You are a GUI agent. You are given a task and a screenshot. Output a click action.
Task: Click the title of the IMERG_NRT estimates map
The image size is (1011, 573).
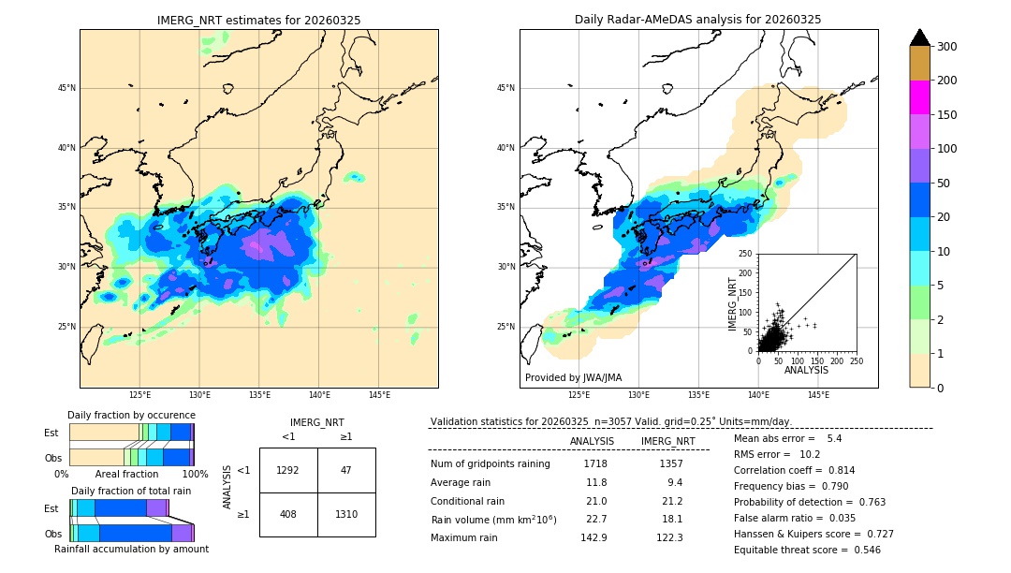pos(258,20)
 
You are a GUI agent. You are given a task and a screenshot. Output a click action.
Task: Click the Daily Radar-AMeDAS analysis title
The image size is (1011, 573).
pos(697,20)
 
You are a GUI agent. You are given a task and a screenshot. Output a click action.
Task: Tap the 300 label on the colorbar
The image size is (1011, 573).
pos(946,47)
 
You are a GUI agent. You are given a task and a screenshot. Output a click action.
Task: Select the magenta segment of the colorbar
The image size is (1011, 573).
pos(920,97)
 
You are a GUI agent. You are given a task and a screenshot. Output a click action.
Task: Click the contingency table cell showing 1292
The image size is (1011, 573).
pos(288,470)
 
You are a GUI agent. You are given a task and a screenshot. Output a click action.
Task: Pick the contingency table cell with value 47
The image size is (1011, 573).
pos(346,470)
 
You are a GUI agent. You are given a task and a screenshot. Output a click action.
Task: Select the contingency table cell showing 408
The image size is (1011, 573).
pos(288,514)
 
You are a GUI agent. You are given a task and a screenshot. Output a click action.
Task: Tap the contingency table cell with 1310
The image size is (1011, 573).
pos(346,514)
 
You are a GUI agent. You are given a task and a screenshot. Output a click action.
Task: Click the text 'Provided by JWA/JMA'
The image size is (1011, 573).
pos(573,378)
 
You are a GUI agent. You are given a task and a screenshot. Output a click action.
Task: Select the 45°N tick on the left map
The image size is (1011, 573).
pos(66,88)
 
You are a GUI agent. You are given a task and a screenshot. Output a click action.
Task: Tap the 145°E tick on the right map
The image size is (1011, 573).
pos(818,395)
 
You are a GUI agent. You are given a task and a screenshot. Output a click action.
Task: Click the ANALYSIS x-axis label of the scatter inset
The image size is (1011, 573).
pos(806,371)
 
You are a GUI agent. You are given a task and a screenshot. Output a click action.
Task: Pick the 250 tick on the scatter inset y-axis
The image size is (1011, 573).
pos(746,254)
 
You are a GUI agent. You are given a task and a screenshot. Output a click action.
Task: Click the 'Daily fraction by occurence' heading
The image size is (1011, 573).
pos(131,415)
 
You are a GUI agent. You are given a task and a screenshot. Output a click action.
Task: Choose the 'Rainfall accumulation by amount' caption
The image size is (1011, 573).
pos(131,550)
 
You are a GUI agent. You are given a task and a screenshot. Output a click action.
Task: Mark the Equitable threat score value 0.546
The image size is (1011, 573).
pos(859,550)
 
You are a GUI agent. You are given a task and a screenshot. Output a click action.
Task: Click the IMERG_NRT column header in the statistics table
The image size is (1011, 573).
pos(667,441)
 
